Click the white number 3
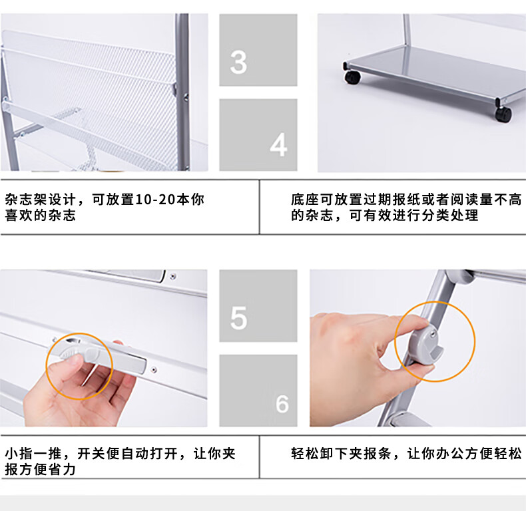click(x=238, y=62)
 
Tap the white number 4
click(x=278, y=144)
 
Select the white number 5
click(x=238, y=317)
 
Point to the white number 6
click(x=282, y=403)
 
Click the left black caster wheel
click(x=353, y=77)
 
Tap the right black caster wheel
click(x=503, y=114)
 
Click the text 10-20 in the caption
click(x=155, y=200)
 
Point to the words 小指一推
click(x=33, y=454)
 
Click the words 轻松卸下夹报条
click(x=341, y=454)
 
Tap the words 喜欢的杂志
click(x=40, y=216)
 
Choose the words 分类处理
click(x=449, y=216)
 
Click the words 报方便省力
click(x=40, y=470)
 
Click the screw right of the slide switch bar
click(x=154, y=370)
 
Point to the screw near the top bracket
click(x=172, y=277)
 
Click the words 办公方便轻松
click(x=478, y=454)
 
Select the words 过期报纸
click(x=392, y=200)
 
